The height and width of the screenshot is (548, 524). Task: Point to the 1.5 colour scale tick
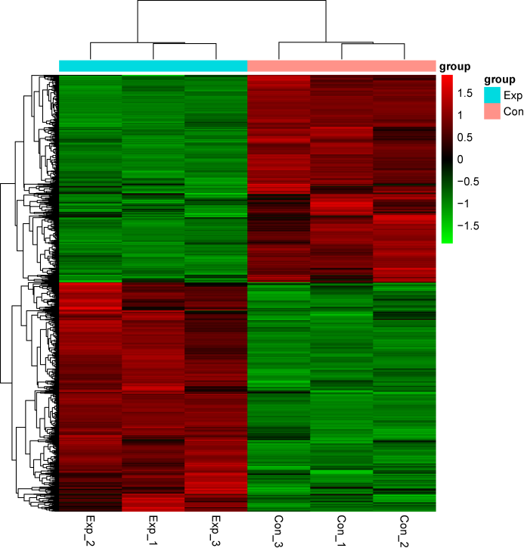click(465, 93)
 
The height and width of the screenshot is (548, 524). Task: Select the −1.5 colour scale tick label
click(467, 225)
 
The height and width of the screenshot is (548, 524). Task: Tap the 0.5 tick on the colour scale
click(465, 137)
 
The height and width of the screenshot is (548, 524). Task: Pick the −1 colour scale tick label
click(463, 203)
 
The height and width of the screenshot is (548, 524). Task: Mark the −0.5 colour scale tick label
click(467, 181)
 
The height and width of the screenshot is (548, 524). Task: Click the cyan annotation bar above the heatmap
click(153, 67)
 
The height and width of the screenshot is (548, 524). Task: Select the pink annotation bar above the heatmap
click(341, 67)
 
